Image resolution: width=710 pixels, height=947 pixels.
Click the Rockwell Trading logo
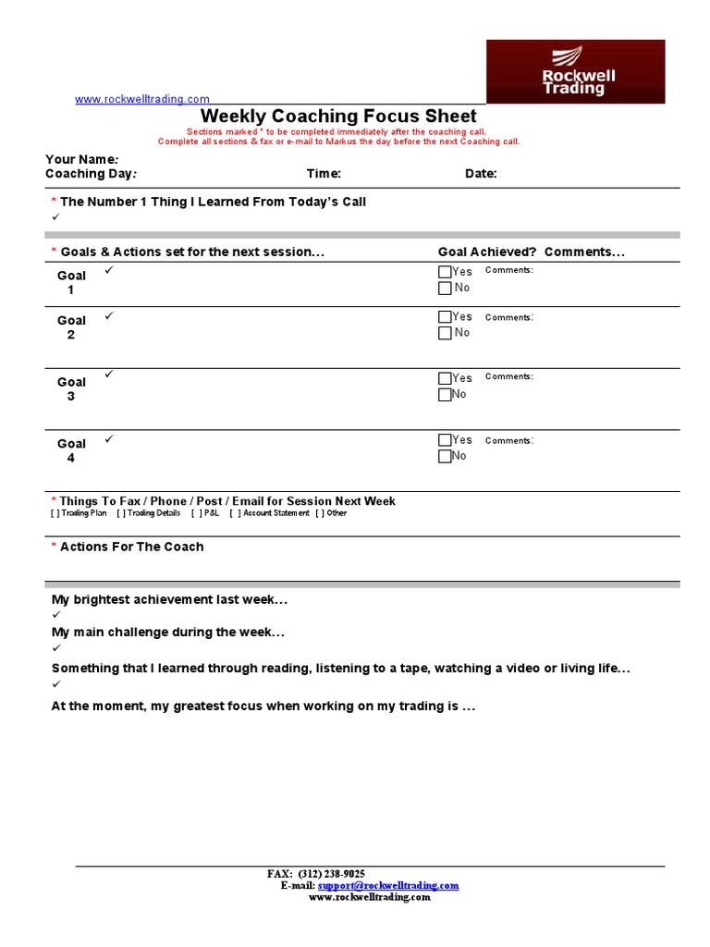pyautogui.click(x=575, y=71)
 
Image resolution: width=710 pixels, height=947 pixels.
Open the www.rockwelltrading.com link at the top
pyautogui.click(x=142, y=99)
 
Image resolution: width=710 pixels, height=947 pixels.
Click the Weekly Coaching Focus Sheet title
pyautogui.click(x=338, y=117)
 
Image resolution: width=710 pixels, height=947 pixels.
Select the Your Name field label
pyautogui.click(x=81, y=159)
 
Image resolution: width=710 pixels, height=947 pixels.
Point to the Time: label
pyautogui.click(x=324, y=174)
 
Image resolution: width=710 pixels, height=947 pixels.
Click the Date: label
pyautogui.click(x=481, y=174)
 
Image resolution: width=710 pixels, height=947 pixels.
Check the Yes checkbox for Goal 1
pyautogui.click(x=445, y=272)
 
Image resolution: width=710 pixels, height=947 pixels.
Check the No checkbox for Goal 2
pyautogui.click(x=445, y=333)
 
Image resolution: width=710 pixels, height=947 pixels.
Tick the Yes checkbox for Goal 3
pyautogui.click(x=445, y=378)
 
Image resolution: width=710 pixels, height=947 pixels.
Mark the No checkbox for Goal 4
pyautogui.click(x=445, y=456)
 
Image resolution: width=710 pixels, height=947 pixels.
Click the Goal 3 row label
pyautogui.click(x=71, y=389)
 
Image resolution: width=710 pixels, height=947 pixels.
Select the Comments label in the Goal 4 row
pyautogui.click(x=508, y=441)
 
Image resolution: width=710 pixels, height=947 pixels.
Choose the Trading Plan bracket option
pyautogui.click(x=80, y=513)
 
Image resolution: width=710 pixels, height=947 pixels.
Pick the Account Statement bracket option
pyautogui.click(x=270, y=513)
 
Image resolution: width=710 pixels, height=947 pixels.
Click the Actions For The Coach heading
pyautogui.click(x=131, y=547)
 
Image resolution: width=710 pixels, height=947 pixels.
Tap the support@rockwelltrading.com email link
pyautogui.click(x=388, y=885)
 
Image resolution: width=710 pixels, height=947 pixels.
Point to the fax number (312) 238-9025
pyautogui.click(x=331, y=874)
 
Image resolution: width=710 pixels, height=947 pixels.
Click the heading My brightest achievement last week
pyautogui.click(x=169, y=600)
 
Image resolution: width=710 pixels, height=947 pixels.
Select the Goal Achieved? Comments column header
pyautogui.click(x=531, y=252)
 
